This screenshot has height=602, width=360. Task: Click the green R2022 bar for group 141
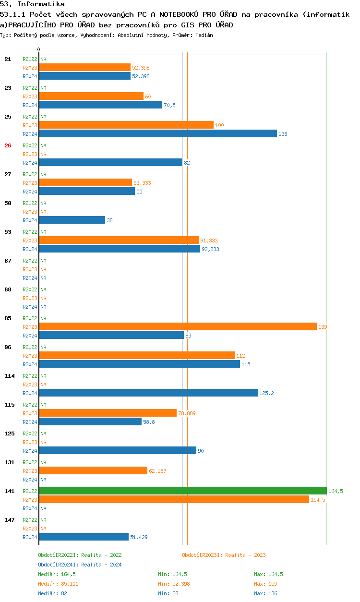coord(183,491)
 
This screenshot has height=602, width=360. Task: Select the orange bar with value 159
coord(178,326)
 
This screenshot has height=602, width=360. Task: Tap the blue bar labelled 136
coord(158,133)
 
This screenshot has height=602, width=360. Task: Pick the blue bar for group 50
coord(72,220)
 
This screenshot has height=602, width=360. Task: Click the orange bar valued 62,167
coord(93,470)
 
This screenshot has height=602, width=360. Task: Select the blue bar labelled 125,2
coord(148,393)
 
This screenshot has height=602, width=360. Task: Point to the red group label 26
coord(8,145)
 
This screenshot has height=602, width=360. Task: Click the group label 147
coord(10,520)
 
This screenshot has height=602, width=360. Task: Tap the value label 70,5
coord(169,105)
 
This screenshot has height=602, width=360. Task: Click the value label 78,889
coord(187,413)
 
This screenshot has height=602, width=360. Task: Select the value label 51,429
coord(139,537)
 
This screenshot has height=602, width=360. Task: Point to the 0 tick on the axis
coord(39,49)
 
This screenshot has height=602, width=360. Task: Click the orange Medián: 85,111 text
coord(58,584)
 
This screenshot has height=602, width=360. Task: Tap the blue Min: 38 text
coord(168,593)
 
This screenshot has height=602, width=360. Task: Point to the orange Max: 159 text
coord(266,584)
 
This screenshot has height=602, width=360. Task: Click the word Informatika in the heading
coord(41,4)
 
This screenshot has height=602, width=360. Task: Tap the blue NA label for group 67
coord(43,278)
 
